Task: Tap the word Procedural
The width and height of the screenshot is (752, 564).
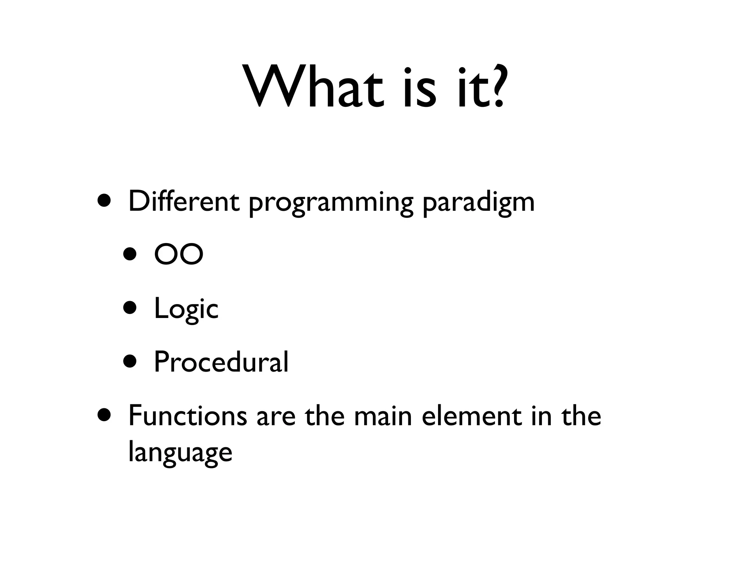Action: click(x=221, y=362)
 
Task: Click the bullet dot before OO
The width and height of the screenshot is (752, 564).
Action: click(x=130, y=254)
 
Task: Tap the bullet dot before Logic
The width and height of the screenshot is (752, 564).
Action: click(x=130, y=308)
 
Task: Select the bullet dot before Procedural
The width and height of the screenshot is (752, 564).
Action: click(x=130, y=361)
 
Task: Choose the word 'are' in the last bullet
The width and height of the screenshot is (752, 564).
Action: click(x=276, y=416)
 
